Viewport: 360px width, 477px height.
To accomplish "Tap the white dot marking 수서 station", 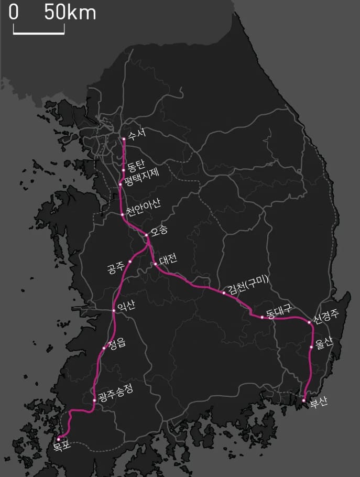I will point(124,139).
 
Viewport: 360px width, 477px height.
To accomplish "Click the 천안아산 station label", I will point(144,208).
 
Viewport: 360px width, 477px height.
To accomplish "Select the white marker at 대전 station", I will point(156,264).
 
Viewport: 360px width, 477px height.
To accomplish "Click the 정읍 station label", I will point(116,344).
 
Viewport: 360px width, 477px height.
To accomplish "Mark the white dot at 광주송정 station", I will point(94,400).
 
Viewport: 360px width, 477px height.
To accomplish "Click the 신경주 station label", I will point(327,317).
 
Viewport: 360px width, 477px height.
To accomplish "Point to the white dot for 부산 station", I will point(304,400).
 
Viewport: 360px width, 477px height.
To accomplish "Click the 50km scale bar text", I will point(70,13).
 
